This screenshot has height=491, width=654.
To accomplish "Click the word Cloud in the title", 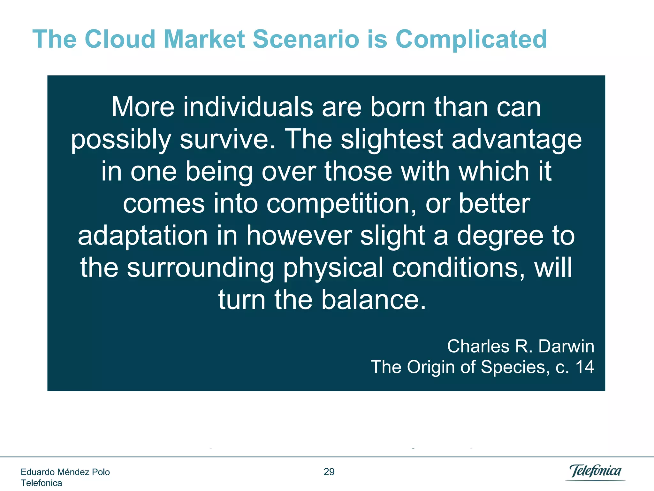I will pos(120,39).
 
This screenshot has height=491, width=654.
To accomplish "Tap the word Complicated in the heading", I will pos(471,40).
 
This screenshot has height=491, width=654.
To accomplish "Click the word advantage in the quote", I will pos(516,140).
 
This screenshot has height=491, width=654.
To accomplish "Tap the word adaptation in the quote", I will pos(143,236).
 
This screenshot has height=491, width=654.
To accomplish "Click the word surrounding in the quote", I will pos(201,268).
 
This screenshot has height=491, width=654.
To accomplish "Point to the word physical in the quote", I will pos(333,268).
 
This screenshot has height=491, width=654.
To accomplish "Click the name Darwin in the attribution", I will pos(566,346).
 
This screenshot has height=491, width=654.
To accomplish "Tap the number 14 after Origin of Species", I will pos(584,367).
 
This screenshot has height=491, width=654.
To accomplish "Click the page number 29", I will pos(329,472).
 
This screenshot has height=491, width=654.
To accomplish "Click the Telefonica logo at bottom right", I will pos(595,472).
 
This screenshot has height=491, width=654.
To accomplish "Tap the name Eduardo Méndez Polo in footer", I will pos(65,472).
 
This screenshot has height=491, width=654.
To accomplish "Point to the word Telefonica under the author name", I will pos(41,483).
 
